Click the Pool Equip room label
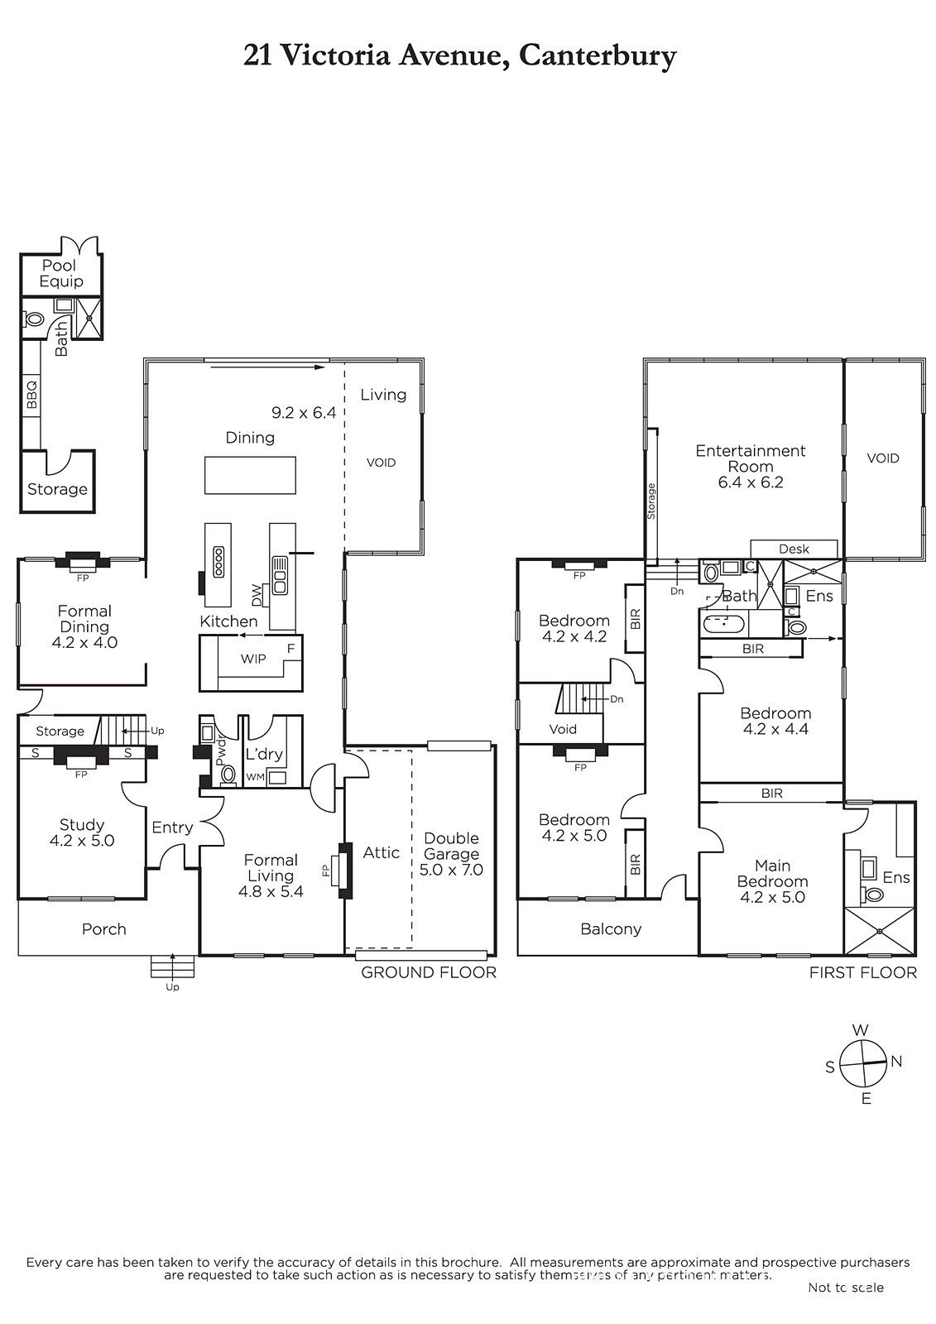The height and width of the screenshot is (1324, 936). pyautogui.click(x=61, y=273)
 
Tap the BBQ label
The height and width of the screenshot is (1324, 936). pyautogui.click(x=32, y=395)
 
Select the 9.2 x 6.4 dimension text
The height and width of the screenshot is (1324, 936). pyautogui.click(x=304, y=413)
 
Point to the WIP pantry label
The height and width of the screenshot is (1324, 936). pyautogui.click(x=253, y=659)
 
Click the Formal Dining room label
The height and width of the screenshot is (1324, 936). pyautogui.click(x=84, y=618)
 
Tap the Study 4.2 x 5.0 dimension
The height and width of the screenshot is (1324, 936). pyautogui.click(x=82, y=840)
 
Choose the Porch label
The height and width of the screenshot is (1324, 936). pyautogui.click(x=104, y=929)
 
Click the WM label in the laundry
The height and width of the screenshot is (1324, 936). pyautogui.click(x=255, y=777)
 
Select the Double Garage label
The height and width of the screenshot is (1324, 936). pyautogui.click(x=452, y=846)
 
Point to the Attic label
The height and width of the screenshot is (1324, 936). pyautogui.click(x=382, y=852)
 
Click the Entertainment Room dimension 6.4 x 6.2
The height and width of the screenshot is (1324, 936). pyautogui.click(x=751, y=482)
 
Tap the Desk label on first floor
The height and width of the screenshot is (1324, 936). pyautogui.click(x=794, y=549)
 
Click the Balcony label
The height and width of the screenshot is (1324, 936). pyautogui.click(x=611, y=929)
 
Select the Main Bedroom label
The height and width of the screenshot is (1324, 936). pyautogui.click(x=773, y=874)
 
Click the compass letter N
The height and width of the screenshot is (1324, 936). pyautogui.click(x=896, y=1062)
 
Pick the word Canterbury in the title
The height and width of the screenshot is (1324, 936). pyautogui.click(x=598, y=57)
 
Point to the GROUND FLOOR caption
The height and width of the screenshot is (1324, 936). pyautogui.click(x=429, y=972)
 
